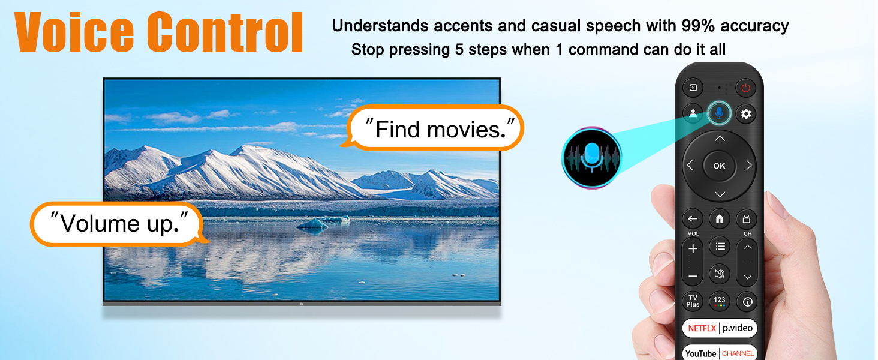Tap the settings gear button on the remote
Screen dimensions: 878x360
[x=745, y=114]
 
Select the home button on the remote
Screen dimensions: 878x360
[x=719, y=219]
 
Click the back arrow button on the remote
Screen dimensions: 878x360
[x=693, y=219]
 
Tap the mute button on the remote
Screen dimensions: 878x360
[x=719, y=274]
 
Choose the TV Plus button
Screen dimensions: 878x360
[x=693, y=301]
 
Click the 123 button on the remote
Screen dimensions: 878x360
[x=719, y=301]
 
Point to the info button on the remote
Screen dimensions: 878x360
[x=747, y=302]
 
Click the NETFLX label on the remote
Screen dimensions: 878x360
[x=702, y=328]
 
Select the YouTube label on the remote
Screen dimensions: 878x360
[x=701, y=353]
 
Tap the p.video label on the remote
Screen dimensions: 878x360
[x=737, y=328]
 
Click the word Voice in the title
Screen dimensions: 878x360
[x=74, y=32]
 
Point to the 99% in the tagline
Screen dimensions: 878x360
[x=698, y=25]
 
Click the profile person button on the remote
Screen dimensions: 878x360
[x=693, y=114]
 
